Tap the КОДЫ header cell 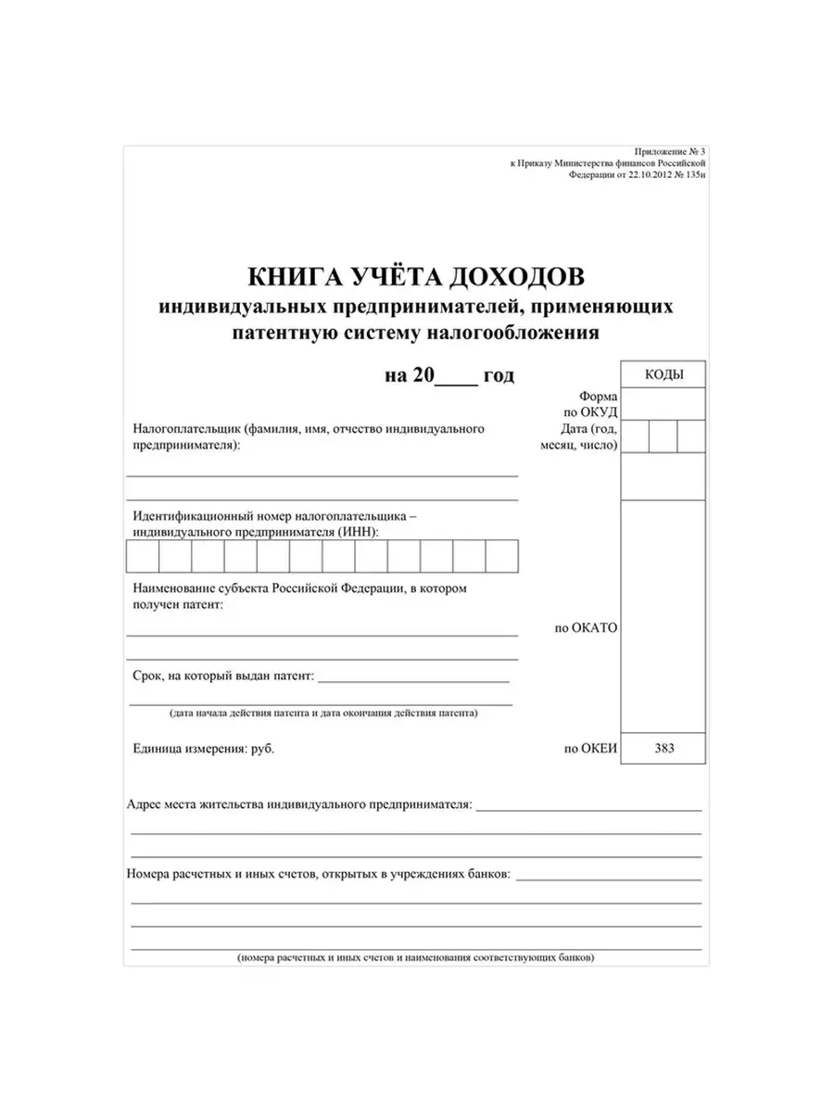point(663,374)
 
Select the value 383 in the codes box point(663,748)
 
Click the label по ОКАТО point(586,627)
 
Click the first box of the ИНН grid point(143,557)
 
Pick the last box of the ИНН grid point(501,557)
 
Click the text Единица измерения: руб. point(204,749)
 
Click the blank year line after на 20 point(455,376)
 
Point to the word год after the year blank point(499,375)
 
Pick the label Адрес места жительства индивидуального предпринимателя point(299,804)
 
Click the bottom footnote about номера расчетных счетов point(415,956)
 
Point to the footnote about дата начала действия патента point(322,714)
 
